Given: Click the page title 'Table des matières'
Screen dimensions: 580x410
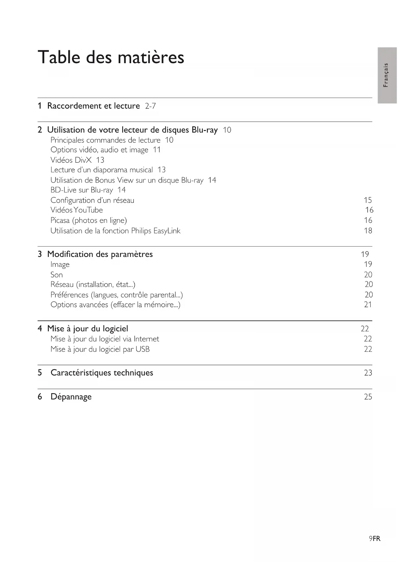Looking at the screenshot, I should [x=111, y=57].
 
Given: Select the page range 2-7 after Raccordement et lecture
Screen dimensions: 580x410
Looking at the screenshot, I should [x=150, y=106].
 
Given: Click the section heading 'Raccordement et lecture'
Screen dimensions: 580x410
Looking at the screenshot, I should [x=93, y=106].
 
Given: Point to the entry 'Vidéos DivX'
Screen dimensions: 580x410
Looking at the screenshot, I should [x=71, y=160].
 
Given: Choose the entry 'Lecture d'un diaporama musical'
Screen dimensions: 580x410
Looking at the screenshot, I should [x=101, y=170].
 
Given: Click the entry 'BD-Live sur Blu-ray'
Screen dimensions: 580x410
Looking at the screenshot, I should [x=82, y=190].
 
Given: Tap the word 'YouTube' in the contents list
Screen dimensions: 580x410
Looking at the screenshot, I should [x=88, y=210].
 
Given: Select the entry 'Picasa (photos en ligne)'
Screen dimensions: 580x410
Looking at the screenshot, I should [x=89, y=221].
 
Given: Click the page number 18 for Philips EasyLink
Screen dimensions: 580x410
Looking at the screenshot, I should [x=368, y=231].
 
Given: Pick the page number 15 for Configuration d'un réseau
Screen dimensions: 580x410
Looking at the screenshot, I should [x=368, y=200].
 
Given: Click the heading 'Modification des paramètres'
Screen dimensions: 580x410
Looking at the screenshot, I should [x=100, y=254].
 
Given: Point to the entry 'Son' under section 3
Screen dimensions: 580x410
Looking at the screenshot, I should [x=56, y=275].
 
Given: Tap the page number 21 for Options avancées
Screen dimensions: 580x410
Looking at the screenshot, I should [x=368, y=305].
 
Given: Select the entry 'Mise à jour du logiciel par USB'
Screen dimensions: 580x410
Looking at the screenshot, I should [x=100, y=349].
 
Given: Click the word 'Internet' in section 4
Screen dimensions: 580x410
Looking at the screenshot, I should [x=146, y=339].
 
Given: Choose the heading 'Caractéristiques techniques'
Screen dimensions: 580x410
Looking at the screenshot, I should [x=102, y=373].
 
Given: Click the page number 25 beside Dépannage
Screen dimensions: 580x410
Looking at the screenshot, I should [x=368, y=397].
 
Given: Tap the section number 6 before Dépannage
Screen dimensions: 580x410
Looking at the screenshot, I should [x=40, y=397].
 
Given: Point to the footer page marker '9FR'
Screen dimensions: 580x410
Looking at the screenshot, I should [x=375, y=539].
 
